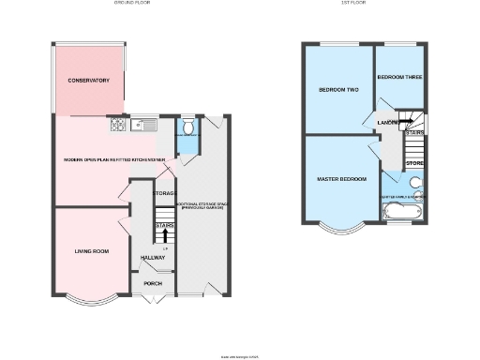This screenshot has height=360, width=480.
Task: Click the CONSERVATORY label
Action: pos(88,81)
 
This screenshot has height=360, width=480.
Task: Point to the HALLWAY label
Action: pos(152,258)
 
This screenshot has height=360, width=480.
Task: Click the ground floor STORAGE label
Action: pos(165,193)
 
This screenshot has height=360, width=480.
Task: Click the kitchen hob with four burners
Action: pos(119,122)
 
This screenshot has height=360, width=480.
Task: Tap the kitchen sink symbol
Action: pos(144,122)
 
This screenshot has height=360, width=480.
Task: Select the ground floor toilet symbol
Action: pos(187,127)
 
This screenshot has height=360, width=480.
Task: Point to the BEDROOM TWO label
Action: pos(337,91)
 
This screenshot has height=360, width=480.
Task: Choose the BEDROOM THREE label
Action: pos(397,76)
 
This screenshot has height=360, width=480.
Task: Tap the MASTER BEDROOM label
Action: pos(339,178)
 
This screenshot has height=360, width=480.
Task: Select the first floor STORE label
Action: pos(414,165)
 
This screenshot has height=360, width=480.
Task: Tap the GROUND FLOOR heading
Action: pos(131,4)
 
